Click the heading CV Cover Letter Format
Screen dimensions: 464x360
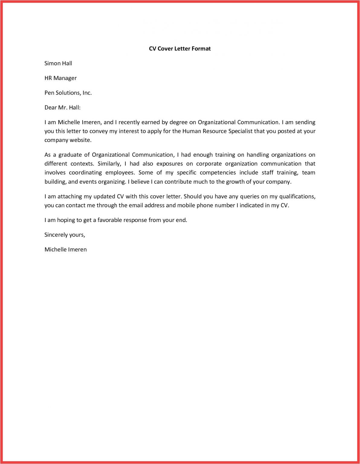click(x=180, y=49)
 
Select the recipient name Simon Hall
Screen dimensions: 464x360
click(x=58, y=63)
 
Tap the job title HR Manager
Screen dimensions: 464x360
click(x=60, y=78)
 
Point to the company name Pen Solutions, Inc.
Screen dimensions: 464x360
click(x=68, y=93)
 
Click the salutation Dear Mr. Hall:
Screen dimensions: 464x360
click(x=62, y=108)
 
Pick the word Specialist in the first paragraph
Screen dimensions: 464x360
click(x=240, y=131)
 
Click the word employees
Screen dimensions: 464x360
click(x=120, y=173)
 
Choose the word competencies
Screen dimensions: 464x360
click(x=218, y=173)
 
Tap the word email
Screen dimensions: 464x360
click(x=136, y=205)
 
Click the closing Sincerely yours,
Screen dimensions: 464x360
click(x=65, y=235)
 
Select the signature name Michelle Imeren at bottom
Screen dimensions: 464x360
click(x=66, y=250)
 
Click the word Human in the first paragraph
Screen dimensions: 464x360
click(x=191, y=131)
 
